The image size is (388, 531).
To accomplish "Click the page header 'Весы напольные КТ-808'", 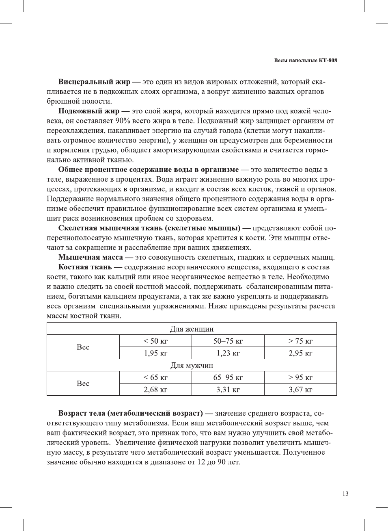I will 305,61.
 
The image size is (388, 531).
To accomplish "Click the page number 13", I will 345,494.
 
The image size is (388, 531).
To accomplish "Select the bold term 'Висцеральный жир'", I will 94,82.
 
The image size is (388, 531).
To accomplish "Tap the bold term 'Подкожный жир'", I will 89,111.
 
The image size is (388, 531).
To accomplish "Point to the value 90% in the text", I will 123,121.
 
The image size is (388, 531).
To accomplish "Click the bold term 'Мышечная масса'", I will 91,258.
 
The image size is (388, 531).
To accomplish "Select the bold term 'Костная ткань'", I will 85,267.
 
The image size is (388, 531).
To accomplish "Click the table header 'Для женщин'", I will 192,329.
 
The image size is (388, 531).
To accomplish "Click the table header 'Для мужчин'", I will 192,365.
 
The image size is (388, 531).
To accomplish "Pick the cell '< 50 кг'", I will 155,341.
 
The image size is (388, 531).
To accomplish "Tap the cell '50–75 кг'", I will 228,341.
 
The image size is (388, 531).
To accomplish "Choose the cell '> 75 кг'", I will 300,341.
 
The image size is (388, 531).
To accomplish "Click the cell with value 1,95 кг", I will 155,353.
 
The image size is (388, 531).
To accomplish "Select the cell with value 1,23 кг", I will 228,353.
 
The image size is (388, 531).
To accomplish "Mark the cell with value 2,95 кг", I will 300,353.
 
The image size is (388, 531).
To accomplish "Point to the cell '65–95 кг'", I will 228,377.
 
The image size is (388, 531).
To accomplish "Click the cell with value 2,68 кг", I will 155,390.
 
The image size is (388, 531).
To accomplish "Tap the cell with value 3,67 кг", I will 300,390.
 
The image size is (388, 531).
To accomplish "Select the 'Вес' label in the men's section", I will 83,384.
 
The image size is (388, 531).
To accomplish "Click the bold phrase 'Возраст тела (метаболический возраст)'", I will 130,414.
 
